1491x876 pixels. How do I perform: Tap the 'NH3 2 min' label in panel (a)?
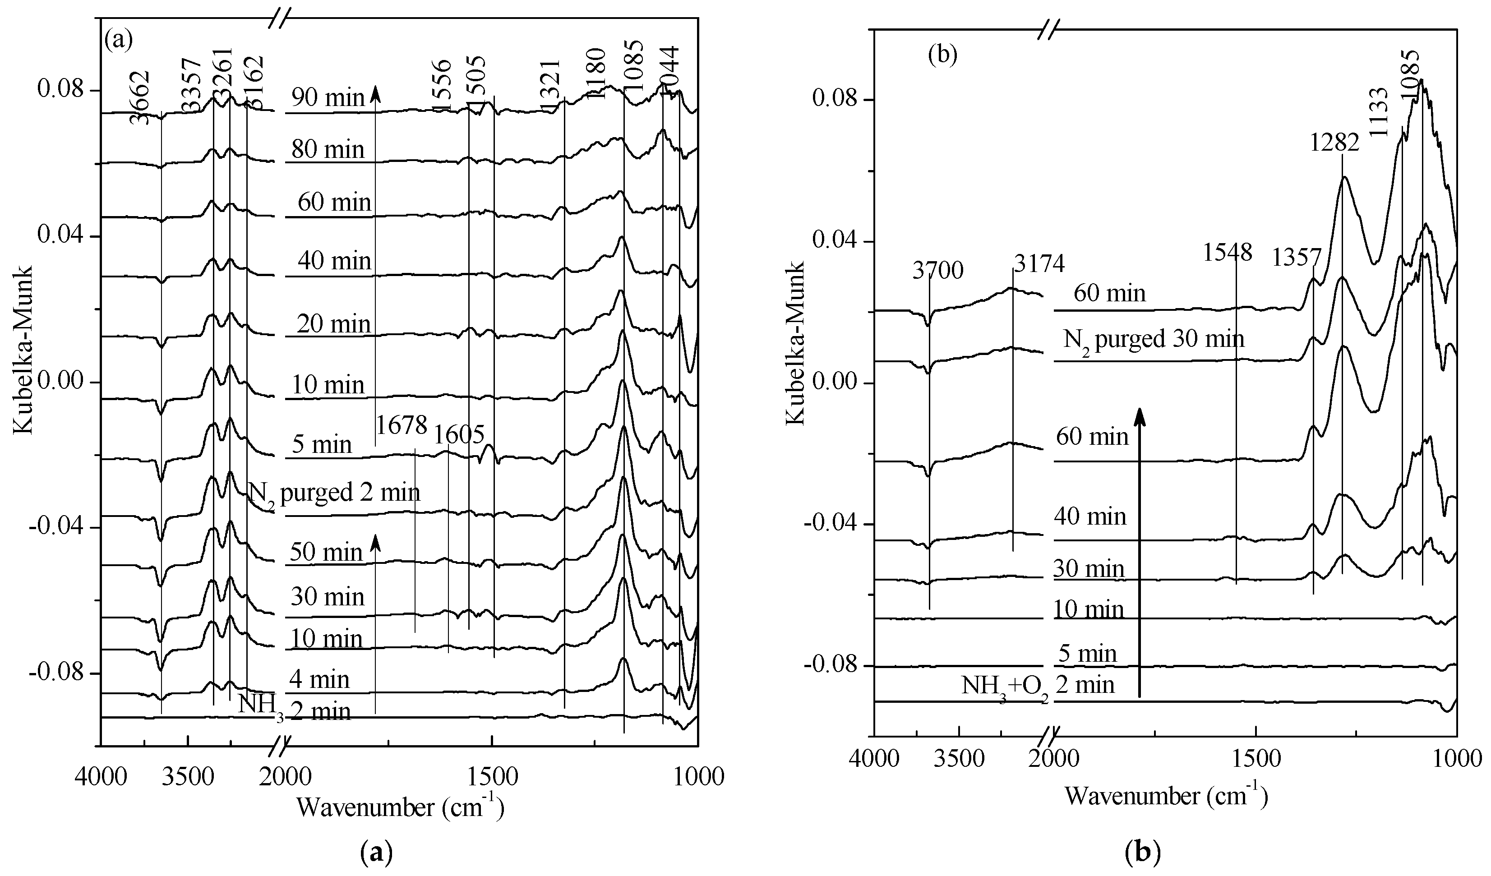pos(295,710)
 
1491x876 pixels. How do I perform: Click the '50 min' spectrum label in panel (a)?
pos(326,552)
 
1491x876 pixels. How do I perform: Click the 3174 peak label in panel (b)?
pos(1039,264)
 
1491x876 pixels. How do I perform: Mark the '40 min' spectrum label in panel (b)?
pos(1090,517)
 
